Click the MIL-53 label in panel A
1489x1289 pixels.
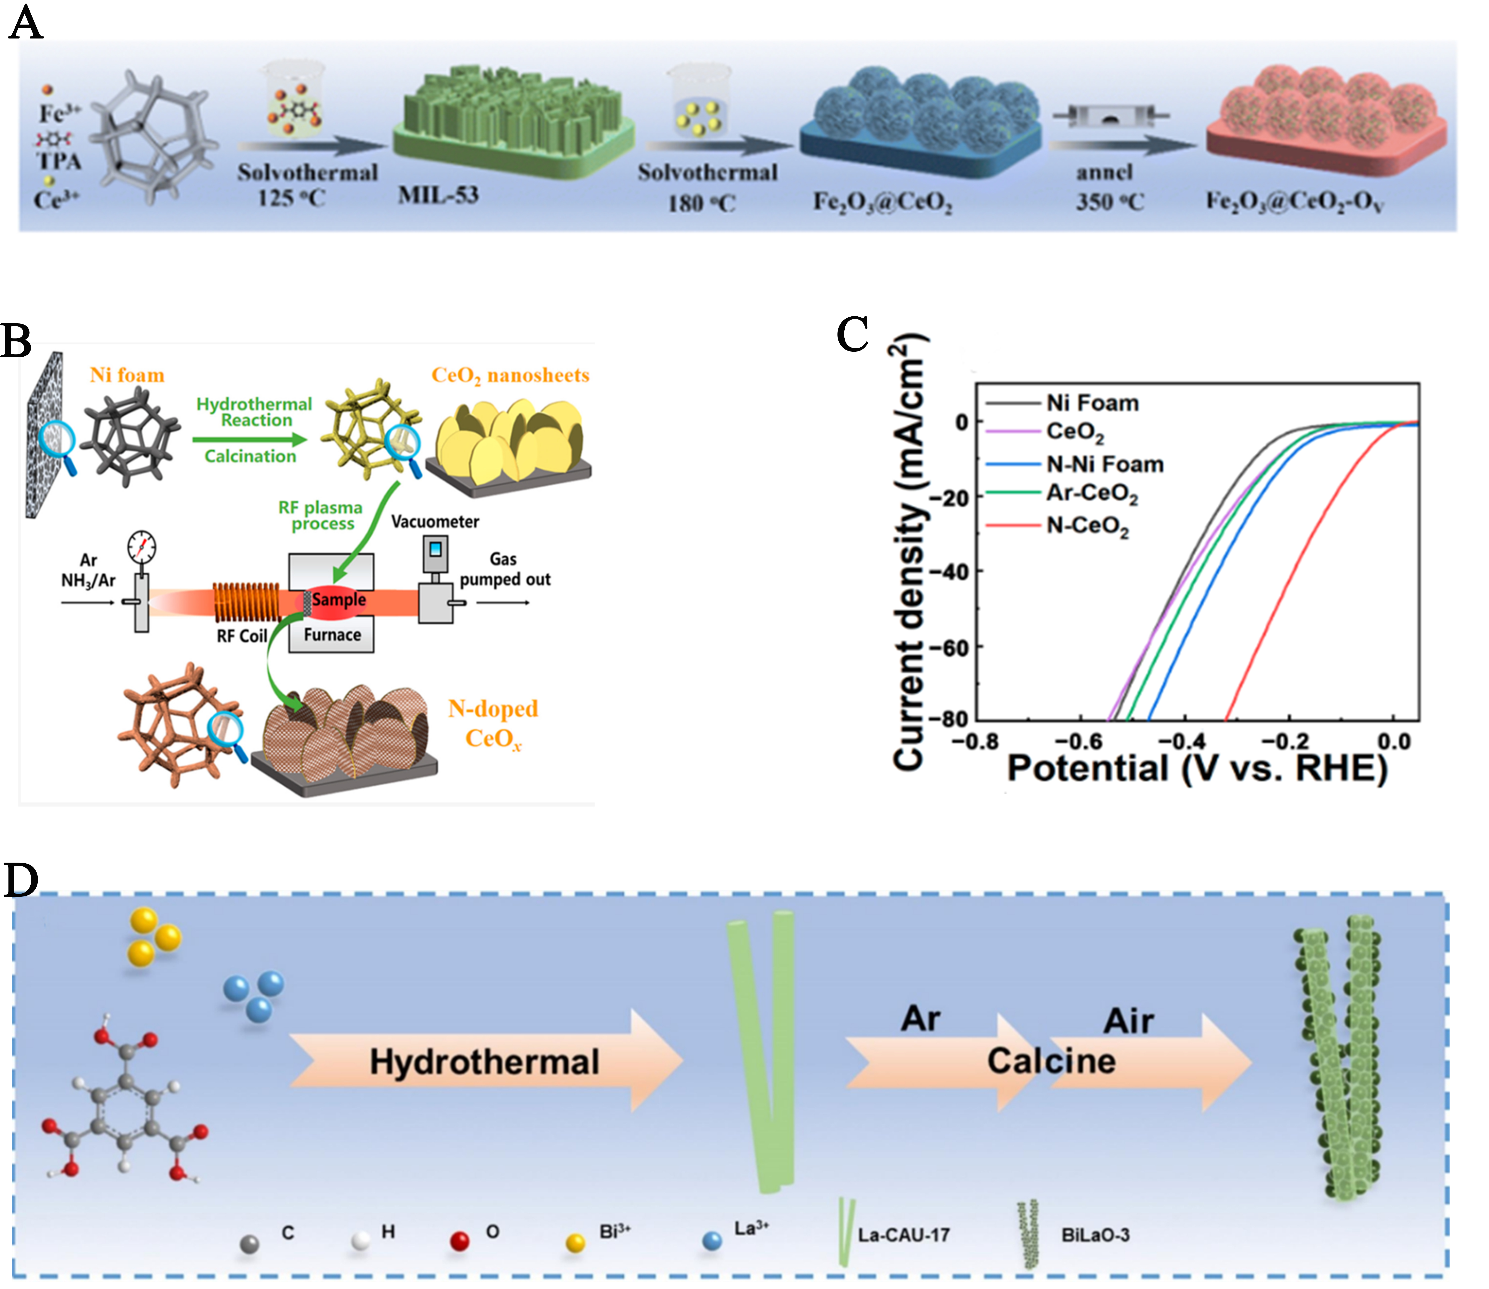[438, 195]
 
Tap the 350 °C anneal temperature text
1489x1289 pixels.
[1109, 202]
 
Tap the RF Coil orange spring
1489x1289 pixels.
[246, 602]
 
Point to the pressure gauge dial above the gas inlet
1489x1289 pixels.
[142, 548]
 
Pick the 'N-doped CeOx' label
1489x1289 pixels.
[494, 724]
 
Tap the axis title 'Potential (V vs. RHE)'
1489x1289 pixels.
[1197, 768]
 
